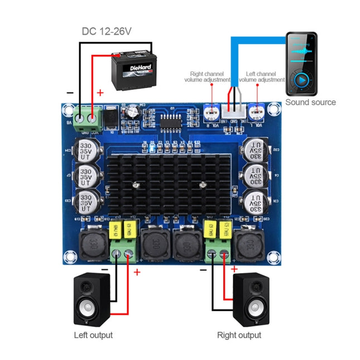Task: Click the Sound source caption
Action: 310,102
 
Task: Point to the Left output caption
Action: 93,335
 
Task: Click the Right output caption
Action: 239,335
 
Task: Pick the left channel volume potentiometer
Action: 256,112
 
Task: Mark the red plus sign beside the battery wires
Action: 100,93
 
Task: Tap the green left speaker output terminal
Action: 123,255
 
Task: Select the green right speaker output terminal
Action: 219,255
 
